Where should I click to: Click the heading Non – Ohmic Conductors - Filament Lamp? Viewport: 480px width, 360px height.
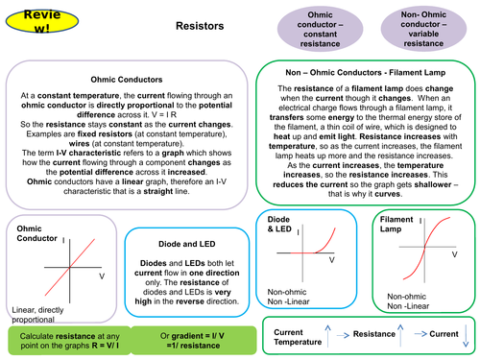pos(367,73)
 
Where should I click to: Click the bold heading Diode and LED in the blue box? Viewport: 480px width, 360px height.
pos(186,244)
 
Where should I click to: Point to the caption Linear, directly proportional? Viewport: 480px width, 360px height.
pos(42,313)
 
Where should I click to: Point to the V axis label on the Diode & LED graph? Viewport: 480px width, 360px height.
pos(332,260)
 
